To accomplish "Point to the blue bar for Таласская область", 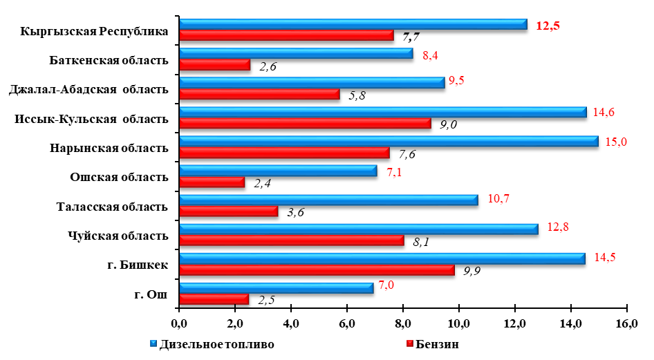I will (x=328, y=200).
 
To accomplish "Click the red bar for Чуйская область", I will (x=291, y=240).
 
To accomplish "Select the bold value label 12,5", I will (x=548, y=26).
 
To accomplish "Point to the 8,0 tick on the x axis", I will (x=402, y=323).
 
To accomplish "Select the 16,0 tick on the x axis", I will (x=626, y=323).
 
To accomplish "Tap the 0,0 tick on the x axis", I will (x=179, y=323).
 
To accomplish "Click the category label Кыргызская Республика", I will (x=95, y=32).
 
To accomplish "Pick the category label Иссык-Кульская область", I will (x=91, y=119).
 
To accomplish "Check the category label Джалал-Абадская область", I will (x=88, y=89).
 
